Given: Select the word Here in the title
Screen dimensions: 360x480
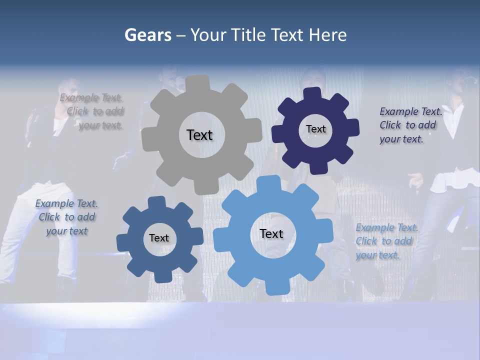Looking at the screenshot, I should coord(327,35).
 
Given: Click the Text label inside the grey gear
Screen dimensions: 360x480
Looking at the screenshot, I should coord(199,135).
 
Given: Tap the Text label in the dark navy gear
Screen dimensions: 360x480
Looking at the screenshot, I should coord(315,129).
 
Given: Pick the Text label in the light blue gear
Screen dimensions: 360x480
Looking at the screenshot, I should coord(271,233).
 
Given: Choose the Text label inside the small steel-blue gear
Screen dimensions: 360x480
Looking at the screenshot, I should coord(159,238).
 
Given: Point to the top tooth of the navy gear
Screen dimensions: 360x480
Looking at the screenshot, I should coord(313,94).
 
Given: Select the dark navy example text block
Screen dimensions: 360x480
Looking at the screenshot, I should coord(410,125).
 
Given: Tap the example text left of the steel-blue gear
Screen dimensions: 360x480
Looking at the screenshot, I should coord(66,217).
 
